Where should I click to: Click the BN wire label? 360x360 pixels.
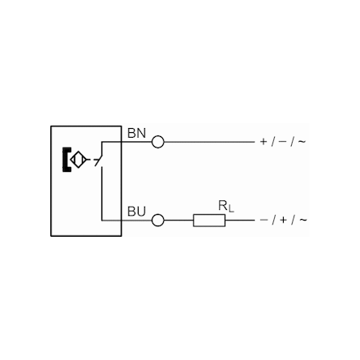click(x=136, y=134)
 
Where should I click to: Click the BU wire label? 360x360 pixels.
click(x=136, y=212)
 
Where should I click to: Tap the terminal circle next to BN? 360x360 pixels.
click(x=158, y=142)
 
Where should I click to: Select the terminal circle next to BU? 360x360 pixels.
click(x=158, y=221)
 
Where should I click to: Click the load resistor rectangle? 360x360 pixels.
click(x=209, y=221)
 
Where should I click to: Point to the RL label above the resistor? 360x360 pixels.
click(x=226, y=206)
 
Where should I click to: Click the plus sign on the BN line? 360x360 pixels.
click(x=264, y=142)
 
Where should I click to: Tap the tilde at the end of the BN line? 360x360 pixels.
click(x=302, y=142)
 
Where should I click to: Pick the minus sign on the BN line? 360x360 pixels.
click(x=282, y=142)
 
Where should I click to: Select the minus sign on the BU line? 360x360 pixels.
click(x=264, y=220)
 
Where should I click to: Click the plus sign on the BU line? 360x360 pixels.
click(x=283, y=220)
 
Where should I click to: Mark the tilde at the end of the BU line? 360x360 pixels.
click(x=303, y=220)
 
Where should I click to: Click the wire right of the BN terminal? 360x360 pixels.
click(x=209, y=142)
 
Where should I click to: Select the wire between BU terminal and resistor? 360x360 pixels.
click(x=178, y=221)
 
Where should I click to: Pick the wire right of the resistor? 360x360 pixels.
click(x=240, y=221)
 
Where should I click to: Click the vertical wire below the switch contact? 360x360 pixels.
click(x=102, y=194)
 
